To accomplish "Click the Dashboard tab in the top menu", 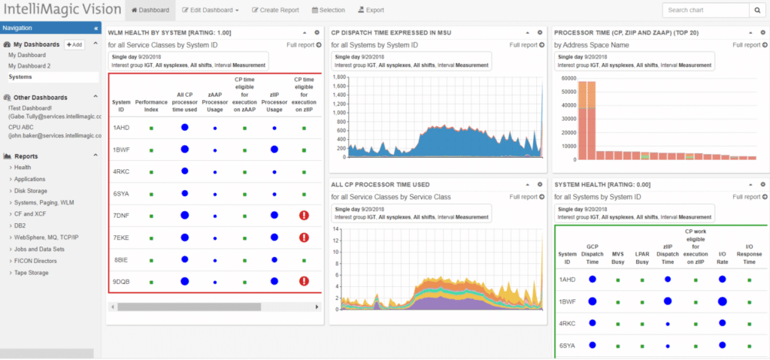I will (150, 11).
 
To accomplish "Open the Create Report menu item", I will (275, 11).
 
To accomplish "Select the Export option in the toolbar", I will (371, 11).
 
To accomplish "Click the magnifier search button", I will (756, 11).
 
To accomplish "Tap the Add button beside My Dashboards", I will (74, 45).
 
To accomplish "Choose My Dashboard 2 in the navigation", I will (29, 66).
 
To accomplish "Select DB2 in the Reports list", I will (21, 225).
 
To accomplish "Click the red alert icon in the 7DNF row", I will (304, 215).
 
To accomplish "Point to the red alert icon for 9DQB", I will (304, 282).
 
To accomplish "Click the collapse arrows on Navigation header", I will (95, 29).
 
